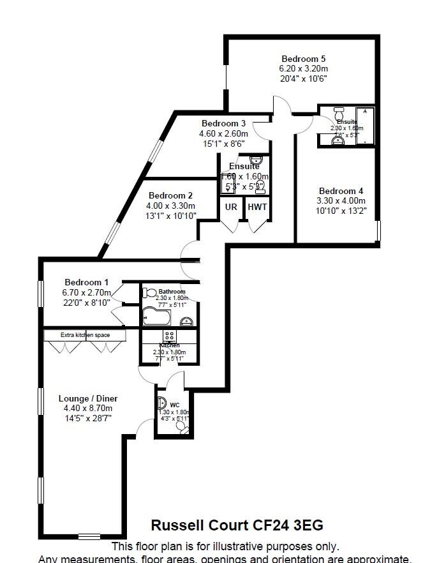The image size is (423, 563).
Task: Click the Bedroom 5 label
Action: [x=303, y=59]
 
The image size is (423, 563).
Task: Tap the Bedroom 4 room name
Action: [x=341, y=191]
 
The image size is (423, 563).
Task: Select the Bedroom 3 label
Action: [x=223, y=123]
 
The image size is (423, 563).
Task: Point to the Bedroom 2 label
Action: [x=170, y=195]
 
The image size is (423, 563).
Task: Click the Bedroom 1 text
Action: [x=86, y=282]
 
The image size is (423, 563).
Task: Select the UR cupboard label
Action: [x=231, y=207]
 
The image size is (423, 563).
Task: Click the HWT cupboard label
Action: [x=257, y=207]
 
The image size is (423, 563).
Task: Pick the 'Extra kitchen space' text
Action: [x=85, y=334]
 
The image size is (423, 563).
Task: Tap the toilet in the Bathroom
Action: [x=149, y=292]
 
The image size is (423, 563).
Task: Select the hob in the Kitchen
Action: [x=170, y=336]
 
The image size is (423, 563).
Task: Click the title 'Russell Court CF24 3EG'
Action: [x=237, y=525]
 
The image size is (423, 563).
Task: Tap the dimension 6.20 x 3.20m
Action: [x=303, y=69]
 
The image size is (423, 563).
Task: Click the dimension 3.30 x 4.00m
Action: [x=341, y=201]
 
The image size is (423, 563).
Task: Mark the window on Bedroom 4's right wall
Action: [x=378, y=230]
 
